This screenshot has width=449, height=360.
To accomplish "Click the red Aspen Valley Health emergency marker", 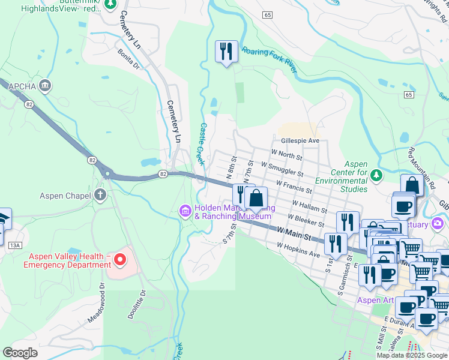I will point(119,260).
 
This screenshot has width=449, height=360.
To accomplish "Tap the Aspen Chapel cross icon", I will point(100,195).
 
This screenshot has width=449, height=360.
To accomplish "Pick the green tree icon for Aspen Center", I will point(376,175).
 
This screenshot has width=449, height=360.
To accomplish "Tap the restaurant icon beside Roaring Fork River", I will point(226,52).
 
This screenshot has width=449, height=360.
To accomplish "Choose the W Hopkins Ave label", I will point(298,250).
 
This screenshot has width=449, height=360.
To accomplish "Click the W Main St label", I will point(294,232).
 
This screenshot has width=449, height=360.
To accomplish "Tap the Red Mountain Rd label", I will point(420,165).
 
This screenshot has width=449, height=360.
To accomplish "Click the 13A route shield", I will point(15,245).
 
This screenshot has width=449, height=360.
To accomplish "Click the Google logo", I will point(20,353).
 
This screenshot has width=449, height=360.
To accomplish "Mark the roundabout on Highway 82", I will point(107,175).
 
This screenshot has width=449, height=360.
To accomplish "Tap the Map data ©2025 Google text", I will point(412,355).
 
